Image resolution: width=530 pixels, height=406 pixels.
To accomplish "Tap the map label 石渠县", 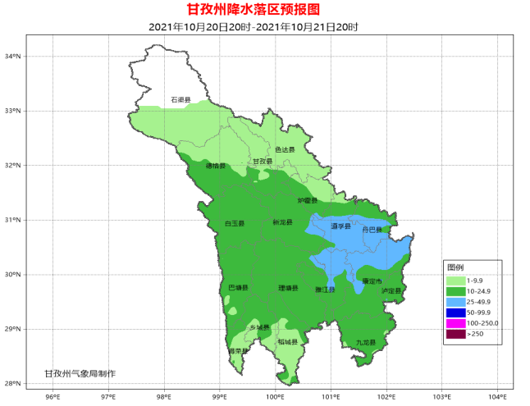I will point(180,100).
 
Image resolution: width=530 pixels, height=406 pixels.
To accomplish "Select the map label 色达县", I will point(284,149).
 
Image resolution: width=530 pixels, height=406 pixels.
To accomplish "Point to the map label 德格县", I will point(214,166).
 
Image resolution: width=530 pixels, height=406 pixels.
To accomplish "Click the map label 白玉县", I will point(234,223).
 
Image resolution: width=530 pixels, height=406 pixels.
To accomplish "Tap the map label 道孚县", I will point(340,226).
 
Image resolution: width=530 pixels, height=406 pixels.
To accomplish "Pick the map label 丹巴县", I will point(373,230).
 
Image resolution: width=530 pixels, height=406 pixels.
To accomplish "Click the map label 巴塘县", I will point(238,288).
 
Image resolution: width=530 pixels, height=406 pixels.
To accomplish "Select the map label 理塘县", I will point(288,288).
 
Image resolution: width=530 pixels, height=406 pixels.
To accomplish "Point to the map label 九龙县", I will point(365,342).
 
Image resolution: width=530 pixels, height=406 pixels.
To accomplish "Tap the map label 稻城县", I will point(288,341).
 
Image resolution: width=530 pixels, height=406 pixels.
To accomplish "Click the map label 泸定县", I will point(392,290).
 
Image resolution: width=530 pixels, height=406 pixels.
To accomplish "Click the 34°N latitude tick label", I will point(12,57).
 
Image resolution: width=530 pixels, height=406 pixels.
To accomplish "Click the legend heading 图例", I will point(455,268).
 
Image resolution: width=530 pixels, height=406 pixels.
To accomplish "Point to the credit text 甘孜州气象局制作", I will point(80,373).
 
